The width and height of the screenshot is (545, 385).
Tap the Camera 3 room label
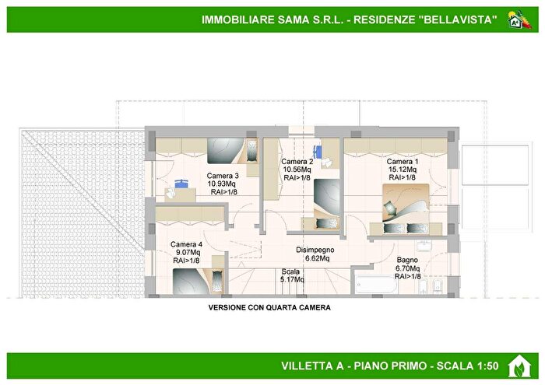(x=223, y=176)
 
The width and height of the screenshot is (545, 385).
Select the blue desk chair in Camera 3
(x=181, y=185)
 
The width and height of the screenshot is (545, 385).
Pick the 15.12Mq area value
(x=403, y=169)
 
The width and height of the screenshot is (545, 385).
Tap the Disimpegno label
(x=315, y=250)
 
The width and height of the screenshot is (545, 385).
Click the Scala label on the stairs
(x=291, y=271)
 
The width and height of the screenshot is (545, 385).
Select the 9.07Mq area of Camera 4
(x=186, y=252)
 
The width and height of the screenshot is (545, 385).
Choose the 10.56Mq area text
(x=297, y=170)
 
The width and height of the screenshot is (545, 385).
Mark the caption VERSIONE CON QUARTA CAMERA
(x=269, y=307)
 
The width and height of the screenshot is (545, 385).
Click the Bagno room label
(x=407, y=261)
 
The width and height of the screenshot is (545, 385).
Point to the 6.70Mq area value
(x=407, y=268)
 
